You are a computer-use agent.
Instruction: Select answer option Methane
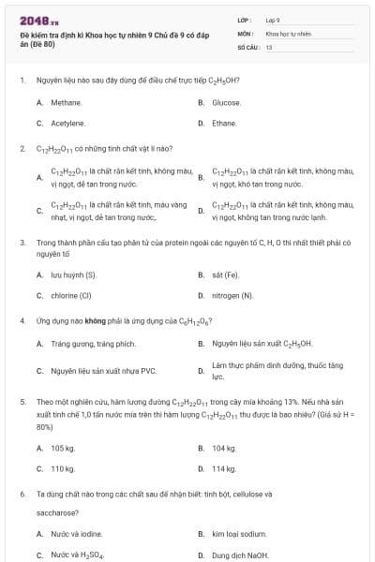coord(67,102)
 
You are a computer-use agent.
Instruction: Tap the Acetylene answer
coord(68,123)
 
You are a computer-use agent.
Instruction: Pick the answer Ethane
coord(224,123)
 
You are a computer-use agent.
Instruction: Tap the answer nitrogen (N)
coord(232,295)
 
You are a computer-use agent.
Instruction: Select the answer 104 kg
coord(224,448)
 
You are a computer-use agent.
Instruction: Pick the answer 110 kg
coord(63,467)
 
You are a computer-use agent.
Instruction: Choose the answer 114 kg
coord(224,467)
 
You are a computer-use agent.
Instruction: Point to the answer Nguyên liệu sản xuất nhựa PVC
coord(103,371)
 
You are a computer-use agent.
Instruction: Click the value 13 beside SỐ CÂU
coord(268,46)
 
